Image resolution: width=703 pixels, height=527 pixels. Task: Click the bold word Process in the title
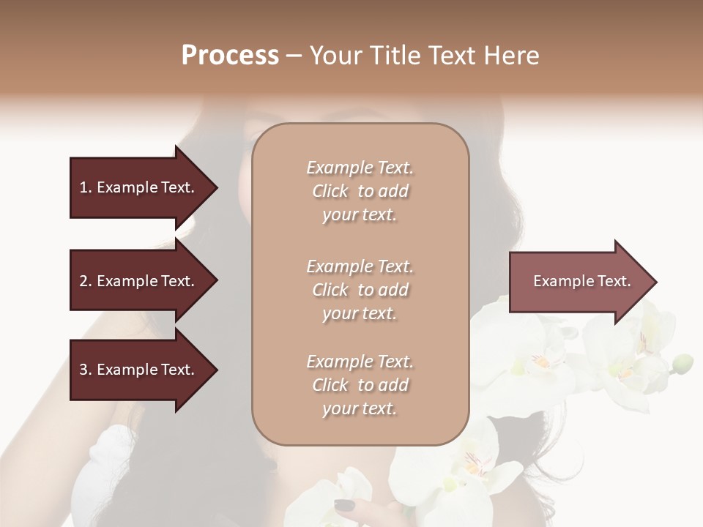point(230,56)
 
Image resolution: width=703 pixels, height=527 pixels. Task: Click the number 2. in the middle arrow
point(85,281)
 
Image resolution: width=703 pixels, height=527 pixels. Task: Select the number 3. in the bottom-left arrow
point(85,370)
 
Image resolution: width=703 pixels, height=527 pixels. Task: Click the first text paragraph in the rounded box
point(360,191)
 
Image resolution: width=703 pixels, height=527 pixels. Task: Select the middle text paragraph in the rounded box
point(360,290)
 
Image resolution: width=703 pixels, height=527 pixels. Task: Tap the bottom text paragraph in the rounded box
point(360,385)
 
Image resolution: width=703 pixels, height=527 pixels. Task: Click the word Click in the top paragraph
point(330,191)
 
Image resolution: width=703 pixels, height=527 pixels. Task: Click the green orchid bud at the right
point(682,362)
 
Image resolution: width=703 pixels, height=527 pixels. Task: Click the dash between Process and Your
point(294,56)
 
